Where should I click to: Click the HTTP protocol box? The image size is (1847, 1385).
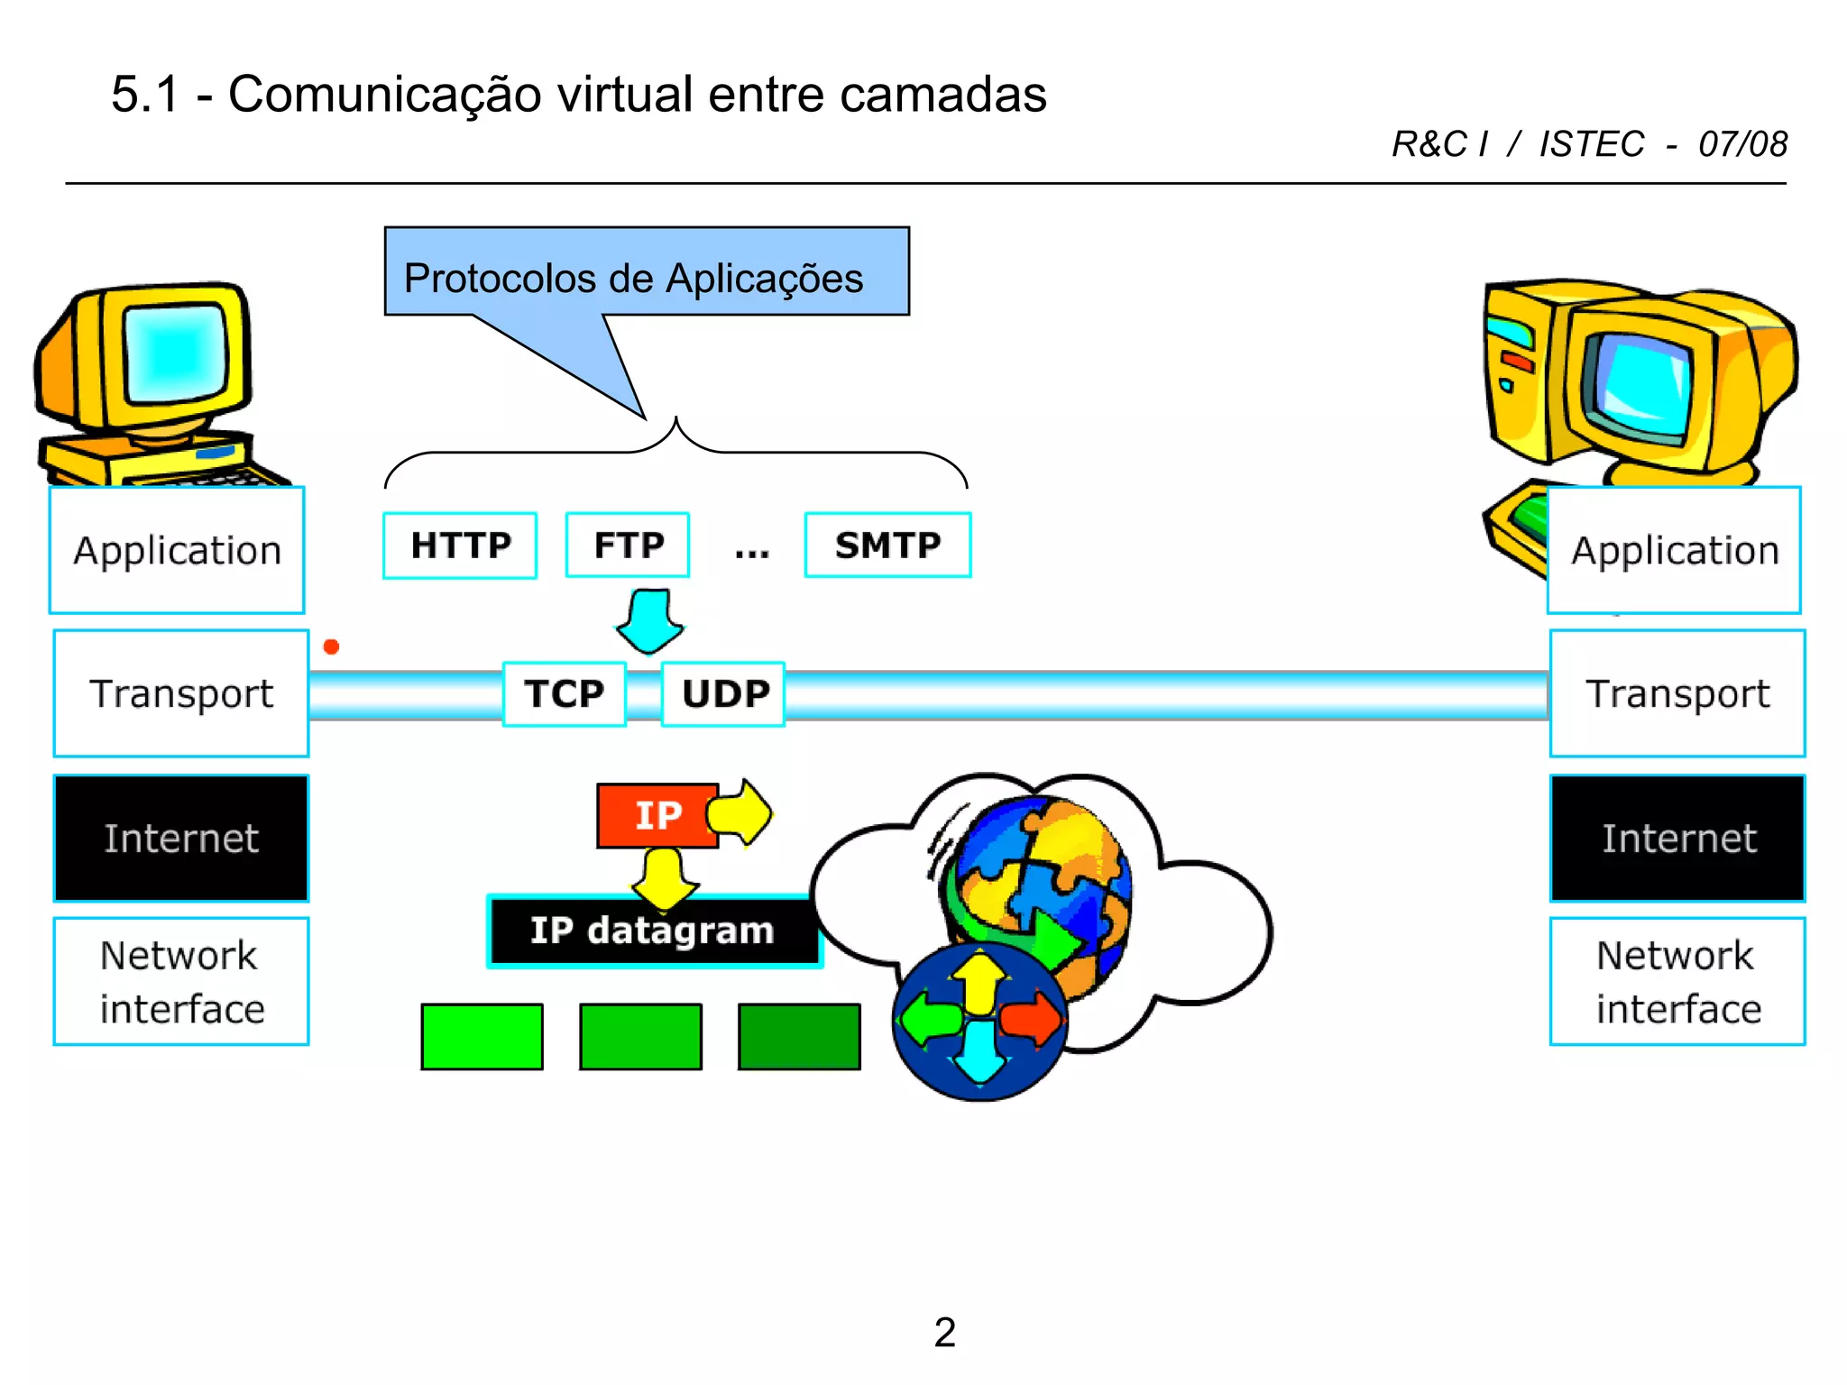tap(460, 546)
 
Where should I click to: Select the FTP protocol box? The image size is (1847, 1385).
tap(628, 546)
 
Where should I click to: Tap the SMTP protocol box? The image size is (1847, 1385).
tap(887, 546)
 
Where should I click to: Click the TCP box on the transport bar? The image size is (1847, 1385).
tap(564, 694)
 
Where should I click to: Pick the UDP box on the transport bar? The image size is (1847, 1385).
tap(724, 694)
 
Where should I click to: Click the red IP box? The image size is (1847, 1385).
tap(657, 815)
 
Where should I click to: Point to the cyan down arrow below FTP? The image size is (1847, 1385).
tap(650, 621)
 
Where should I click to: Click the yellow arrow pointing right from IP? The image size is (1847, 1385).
tap(742, 813)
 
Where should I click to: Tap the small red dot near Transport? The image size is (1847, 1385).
tap(331, 647)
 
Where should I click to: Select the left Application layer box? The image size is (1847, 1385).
tap(177, 551)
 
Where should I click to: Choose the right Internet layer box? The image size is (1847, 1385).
tap(1677, 839)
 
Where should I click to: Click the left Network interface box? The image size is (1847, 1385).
tap(181, 982)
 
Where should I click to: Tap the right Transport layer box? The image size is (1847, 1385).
tap(1677, 694)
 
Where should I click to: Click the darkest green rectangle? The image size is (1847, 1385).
tap(799, 1037)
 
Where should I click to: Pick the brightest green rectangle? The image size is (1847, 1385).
tap(482, 1037)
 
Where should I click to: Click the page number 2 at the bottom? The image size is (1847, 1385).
tap(944, 1333)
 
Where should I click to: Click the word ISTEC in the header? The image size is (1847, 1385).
tap(1592, 144)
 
